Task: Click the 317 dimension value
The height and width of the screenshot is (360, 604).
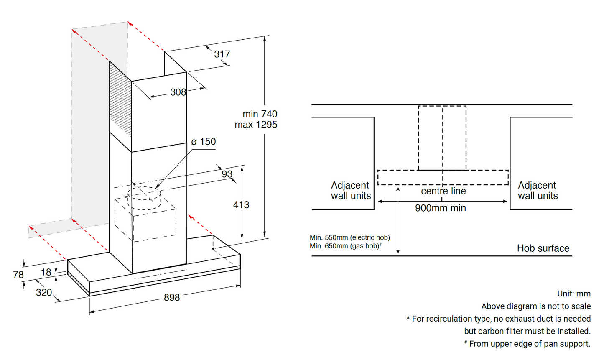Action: (222, 54)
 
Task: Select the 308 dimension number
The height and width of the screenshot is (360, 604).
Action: (178, 92)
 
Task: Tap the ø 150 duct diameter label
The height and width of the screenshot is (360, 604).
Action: (204, 142)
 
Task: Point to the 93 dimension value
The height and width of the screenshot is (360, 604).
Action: (227, 174)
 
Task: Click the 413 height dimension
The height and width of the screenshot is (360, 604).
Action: (241, 205)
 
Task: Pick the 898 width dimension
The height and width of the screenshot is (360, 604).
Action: (172, 297)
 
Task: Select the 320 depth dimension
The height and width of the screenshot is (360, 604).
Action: (44, 292)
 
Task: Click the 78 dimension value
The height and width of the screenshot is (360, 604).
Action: (18, 275)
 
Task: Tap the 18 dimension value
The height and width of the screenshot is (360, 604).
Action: (46, 272)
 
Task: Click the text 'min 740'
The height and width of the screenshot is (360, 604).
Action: (260, 114)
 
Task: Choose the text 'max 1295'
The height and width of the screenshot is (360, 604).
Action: (256, 125)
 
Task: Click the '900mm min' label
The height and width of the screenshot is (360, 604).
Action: (440, 208)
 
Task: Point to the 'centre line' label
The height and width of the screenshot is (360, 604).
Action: (443, 191)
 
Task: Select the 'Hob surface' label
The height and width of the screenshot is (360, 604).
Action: (543, 248)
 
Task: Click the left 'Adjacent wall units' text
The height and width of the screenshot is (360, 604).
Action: (351, 190)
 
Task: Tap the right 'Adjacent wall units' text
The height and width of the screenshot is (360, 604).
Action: (538, 190)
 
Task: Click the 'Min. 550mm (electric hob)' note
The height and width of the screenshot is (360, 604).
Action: (350, 237)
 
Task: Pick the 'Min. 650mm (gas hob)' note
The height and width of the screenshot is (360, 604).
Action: (345, 246)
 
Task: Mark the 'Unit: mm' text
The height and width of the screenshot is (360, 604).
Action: (573, 294)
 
